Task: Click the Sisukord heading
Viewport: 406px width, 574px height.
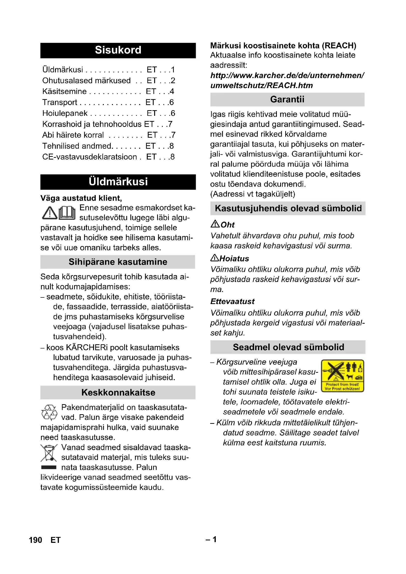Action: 118,50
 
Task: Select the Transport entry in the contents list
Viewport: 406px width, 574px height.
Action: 60,102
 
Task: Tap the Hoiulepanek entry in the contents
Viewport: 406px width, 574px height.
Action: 65,113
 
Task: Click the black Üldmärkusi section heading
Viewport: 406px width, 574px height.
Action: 118,182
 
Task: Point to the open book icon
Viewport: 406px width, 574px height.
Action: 67,213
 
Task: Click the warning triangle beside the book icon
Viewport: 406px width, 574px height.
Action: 50,213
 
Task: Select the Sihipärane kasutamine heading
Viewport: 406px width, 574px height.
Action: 118,262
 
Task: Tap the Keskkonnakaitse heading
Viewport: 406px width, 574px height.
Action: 118,392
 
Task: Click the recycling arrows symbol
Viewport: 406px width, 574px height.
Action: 49,412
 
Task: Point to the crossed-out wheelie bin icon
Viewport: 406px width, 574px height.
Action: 49,453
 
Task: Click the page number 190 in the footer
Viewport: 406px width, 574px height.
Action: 36,540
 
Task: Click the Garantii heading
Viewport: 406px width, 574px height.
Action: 287,99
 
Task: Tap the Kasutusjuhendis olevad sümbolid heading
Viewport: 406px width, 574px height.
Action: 288,208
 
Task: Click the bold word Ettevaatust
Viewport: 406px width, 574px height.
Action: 232,302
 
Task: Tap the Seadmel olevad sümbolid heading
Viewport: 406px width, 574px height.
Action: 288,347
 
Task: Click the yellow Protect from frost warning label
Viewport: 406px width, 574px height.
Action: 342,375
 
